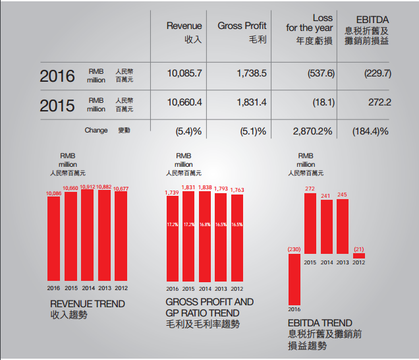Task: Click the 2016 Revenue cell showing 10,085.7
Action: coord(184,73)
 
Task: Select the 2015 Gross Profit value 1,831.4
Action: coord(251,102)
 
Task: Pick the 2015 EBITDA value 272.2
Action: coord(380,102)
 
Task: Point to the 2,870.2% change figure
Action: coord(312,131)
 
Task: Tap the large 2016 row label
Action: coord(57,75)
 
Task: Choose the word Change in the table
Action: coord(96,131)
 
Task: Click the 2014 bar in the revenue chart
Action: coord(88,237)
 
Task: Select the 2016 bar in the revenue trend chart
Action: coord(54,239)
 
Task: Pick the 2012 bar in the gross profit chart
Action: coord(237,238)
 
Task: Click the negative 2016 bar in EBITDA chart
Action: coord(294,279)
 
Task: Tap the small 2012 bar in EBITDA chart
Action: coord(359,256)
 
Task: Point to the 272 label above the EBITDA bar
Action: coord(310,189)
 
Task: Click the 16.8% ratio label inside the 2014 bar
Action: coord(205,224)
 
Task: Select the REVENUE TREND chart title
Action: coord(88,304)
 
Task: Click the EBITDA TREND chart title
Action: coord(320,323)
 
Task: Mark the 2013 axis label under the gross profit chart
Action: coord(221,288)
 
